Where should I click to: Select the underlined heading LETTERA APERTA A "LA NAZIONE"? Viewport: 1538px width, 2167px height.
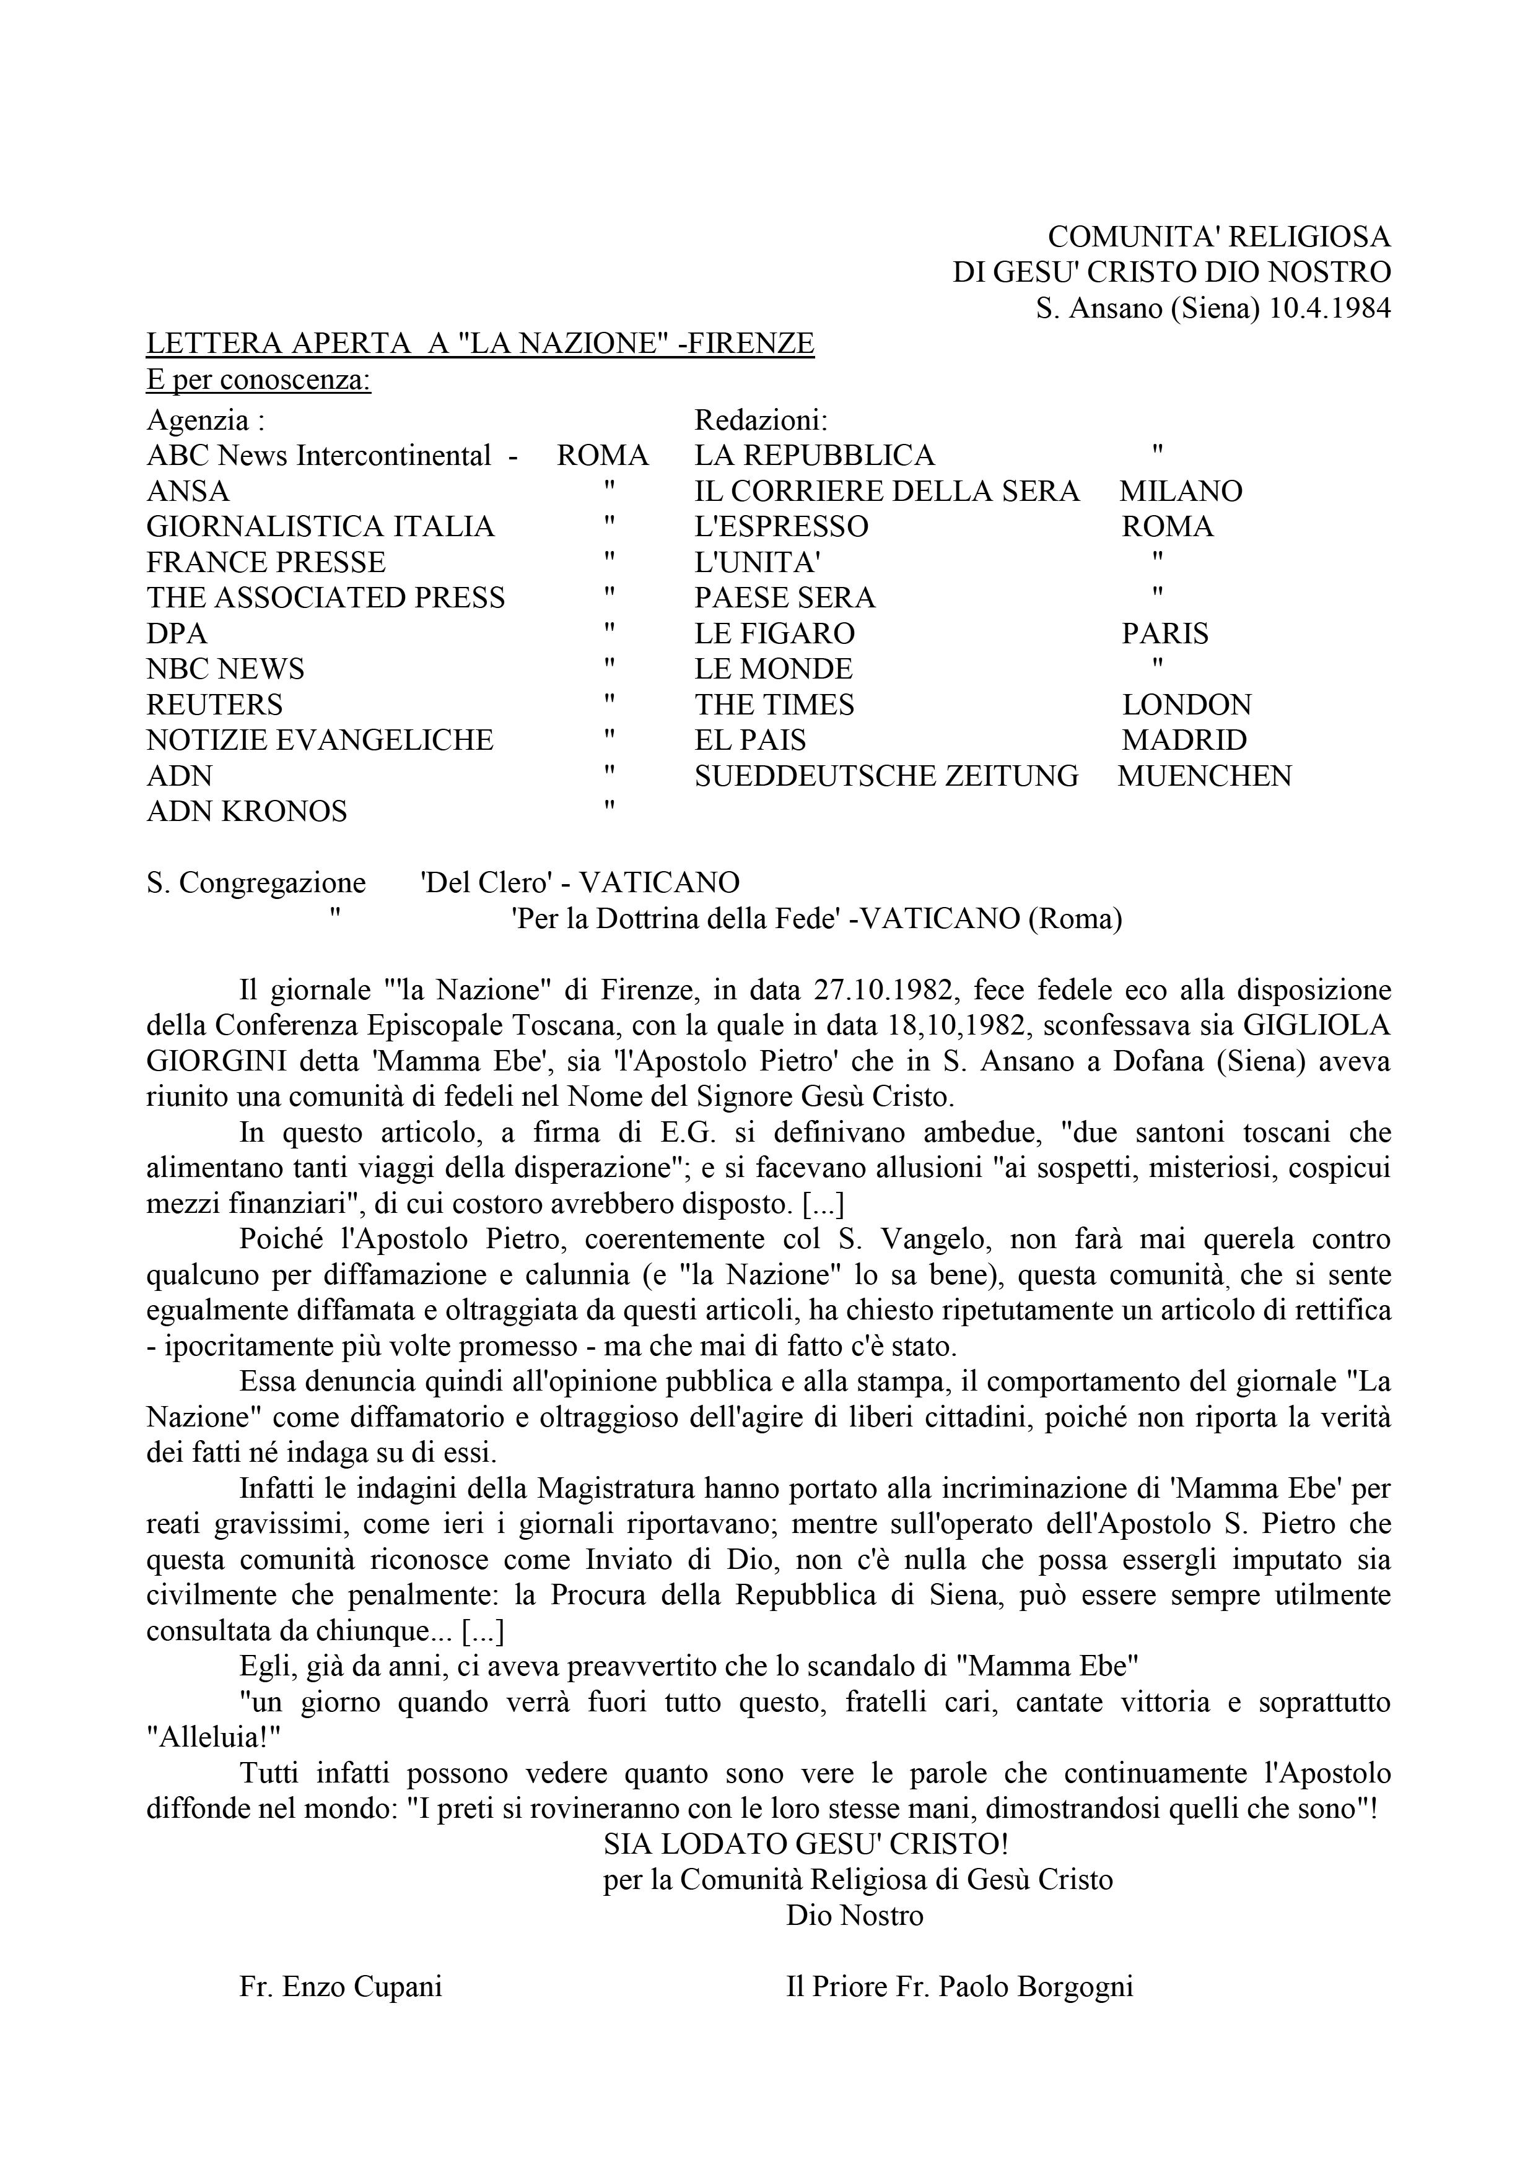pos(479,344)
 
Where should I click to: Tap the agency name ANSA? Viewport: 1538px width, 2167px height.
pos(188,492)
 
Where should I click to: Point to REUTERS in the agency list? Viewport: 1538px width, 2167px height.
pos(214,705)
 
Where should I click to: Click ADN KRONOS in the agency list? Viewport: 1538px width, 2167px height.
pos(247,811)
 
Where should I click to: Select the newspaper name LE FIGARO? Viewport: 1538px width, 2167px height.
pos(774,633)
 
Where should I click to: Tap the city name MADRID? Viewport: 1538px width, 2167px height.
pos(1184,740)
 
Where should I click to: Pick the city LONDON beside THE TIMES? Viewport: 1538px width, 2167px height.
pos(1187,705)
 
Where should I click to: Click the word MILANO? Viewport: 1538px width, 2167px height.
pos(1180,492)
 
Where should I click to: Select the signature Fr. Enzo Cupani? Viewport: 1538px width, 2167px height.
pos(341,1987)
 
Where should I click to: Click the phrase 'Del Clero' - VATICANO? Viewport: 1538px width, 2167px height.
pos(580,882)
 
